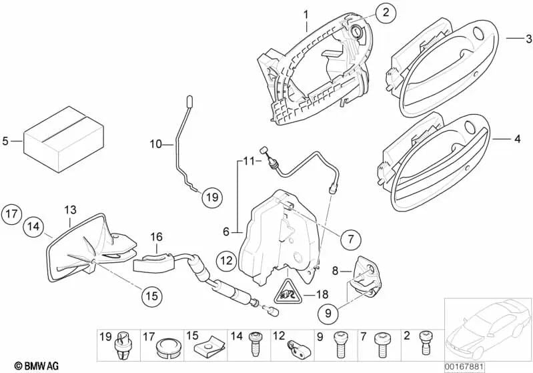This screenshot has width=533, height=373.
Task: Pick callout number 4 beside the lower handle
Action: pyautogui.click(x=517, y=140)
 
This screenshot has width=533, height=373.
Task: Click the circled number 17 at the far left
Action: pyautogui.click(x=11, y=214)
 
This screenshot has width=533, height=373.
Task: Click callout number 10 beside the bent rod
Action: pyautogui.click(x=155, y=143)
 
